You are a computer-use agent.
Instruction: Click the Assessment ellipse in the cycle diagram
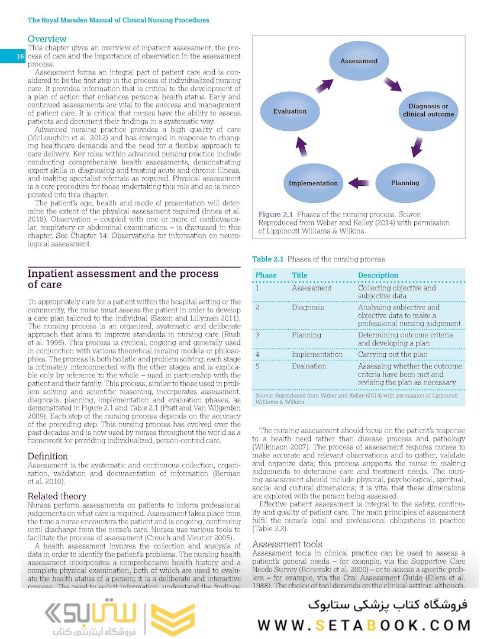coord(359,61)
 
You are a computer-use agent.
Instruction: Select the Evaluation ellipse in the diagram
coord(290,111)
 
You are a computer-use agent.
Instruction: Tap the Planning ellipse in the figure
coord(405,183)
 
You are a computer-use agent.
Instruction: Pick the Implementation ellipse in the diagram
coord(313,183)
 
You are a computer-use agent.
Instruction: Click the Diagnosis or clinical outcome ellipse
coord(428,110)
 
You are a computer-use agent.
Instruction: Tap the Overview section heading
coord(47,39)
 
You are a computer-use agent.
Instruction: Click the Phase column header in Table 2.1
coord(266,275)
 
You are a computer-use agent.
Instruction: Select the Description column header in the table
coord(378,275)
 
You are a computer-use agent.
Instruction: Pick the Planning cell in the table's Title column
coord(307,335)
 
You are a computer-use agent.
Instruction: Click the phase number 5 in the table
coord(257,366)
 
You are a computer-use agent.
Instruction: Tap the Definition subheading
coord(48,456)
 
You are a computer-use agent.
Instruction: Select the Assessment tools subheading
coord(287,544)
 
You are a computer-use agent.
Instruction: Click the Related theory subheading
coord(57,496)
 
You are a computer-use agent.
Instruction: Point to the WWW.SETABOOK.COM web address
coord(364,625)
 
